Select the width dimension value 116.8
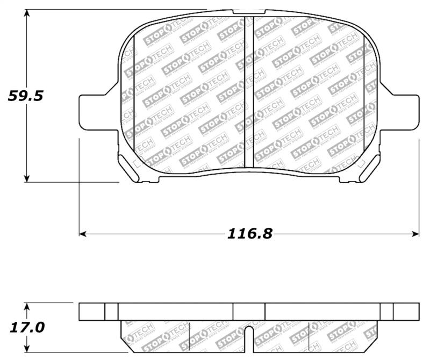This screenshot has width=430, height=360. [x=249, y=234]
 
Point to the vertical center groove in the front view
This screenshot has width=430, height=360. [x=249, y=91]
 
